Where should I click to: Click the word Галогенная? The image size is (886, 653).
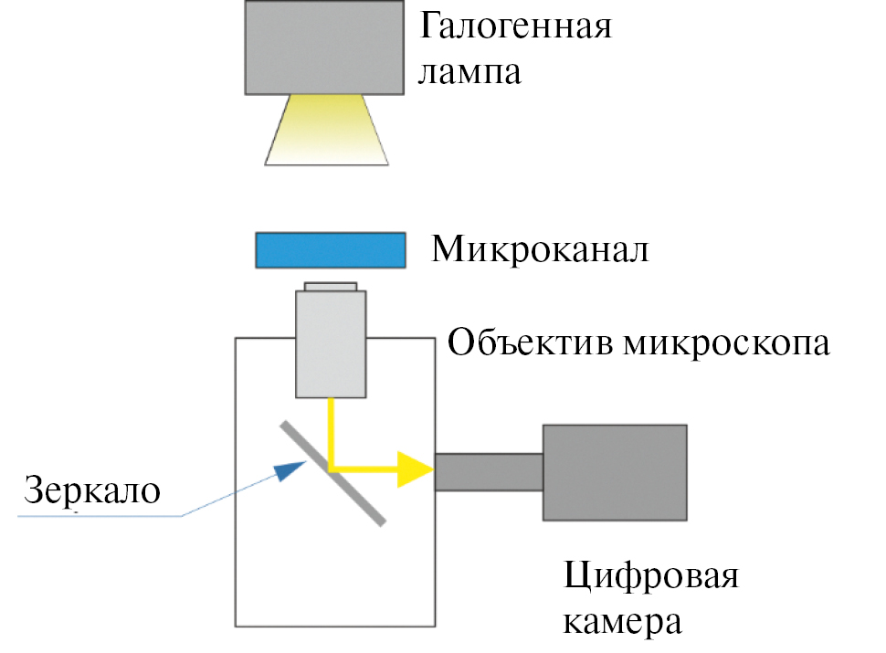[x=514, y=27]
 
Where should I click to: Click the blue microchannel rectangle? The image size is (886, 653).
[x=330, y=249]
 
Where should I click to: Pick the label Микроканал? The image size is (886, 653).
[x=540, y=248]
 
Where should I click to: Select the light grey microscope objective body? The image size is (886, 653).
[x=331, y=343]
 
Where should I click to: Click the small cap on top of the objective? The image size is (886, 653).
[x=331, y=287]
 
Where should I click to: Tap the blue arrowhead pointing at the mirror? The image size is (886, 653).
[x=290, y=470]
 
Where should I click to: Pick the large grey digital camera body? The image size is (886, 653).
[x=614, y=472]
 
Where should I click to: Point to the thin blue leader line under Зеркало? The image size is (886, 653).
[x=100, y=517]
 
